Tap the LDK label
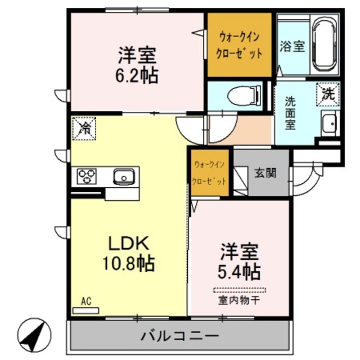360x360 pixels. (x=128, y=244)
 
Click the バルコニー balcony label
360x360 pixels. (x=179, y=336)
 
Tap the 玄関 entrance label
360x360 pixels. (x=264, y=173)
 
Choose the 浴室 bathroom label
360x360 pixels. (x=292, y=47)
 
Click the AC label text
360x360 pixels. (x=86, y=301)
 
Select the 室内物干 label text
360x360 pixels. (x=239, y=300)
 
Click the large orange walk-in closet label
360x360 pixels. (x=240, y=46)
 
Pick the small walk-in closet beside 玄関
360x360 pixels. (x=210, y=173)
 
